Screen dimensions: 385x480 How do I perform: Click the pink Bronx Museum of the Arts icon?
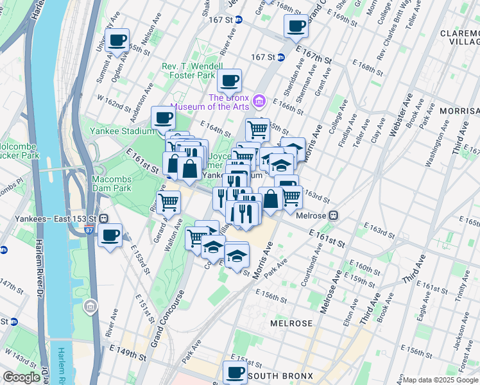point(259,100)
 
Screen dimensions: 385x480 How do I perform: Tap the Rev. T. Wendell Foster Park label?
point(187,71)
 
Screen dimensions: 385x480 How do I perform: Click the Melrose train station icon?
point(333,216)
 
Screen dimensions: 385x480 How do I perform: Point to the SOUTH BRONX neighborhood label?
point(280,375)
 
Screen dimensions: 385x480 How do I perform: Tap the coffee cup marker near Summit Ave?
point(117,41)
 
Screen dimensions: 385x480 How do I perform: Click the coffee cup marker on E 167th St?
point(296,26)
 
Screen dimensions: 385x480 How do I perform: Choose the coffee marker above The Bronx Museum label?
point(229,81)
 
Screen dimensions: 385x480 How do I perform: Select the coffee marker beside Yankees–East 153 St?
point(110,235)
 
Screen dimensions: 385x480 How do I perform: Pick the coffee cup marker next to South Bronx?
point(235,372)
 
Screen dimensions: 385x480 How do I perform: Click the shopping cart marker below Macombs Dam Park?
point(168,202)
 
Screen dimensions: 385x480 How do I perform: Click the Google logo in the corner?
point(21,378)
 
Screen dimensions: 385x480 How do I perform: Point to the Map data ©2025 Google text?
point(440,380)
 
